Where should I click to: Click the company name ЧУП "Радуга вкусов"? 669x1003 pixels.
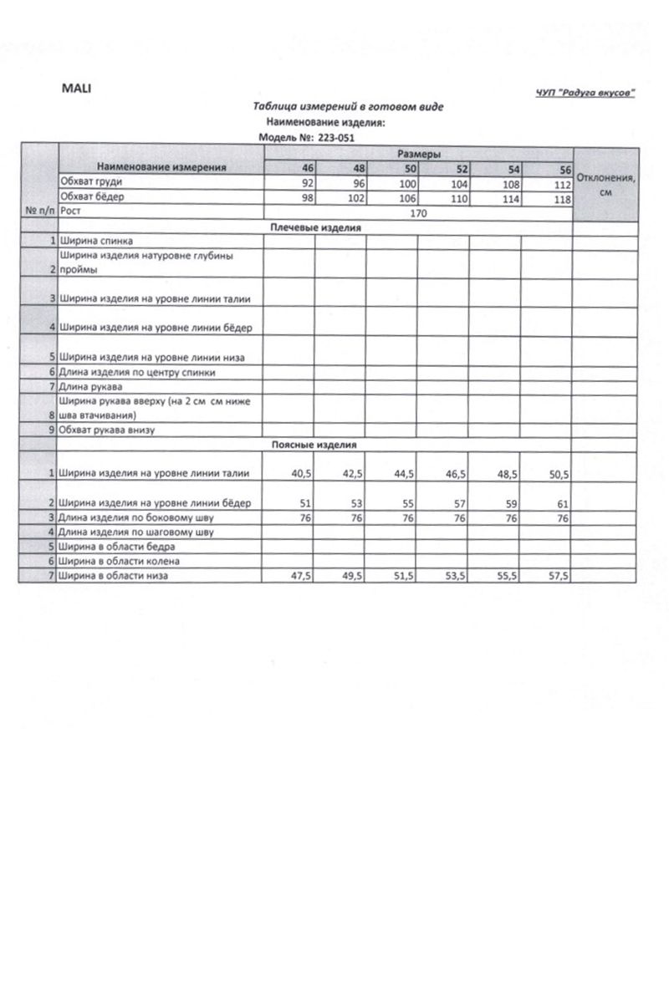585,93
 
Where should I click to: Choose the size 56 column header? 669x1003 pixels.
564,170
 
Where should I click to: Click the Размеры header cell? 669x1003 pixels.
418,155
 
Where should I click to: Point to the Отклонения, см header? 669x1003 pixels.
606,184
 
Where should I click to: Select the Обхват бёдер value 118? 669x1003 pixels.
562,199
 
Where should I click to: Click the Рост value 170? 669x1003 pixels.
418,213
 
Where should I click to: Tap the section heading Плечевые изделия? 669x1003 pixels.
316,227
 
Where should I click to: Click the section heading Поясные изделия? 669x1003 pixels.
314,445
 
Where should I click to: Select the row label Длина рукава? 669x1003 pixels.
90,386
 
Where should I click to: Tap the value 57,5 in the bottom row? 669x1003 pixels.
558,576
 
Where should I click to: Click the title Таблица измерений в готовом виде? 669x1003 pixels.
349,107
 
